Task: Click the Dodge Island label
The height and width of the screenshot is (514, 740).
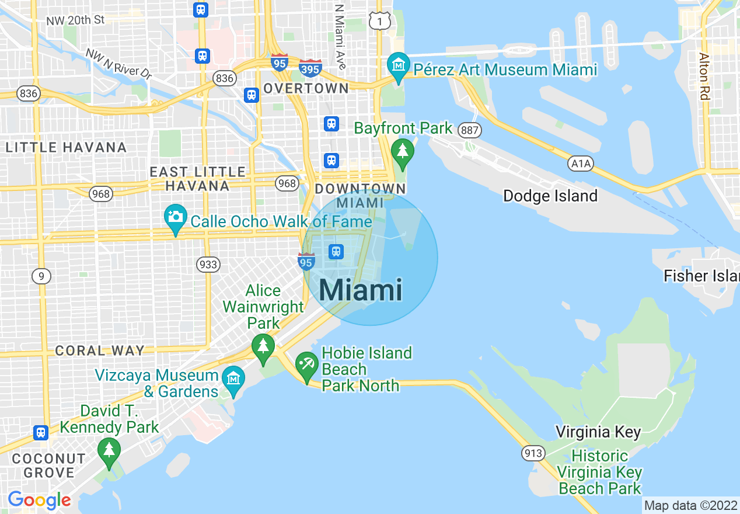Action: (550, 196)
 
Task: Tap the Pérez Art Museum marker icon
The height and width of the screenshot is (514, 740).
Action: (399, 67)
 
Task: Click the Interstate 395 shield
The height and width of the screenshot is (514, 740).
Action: (310, 68)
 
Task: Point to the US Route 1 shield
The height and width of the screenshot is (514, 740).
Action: (380, 21)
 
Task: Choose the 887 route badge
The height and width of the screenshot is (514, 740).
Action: (469, 129)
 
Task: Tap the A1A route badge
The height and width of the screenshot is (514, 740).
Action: (581, 164)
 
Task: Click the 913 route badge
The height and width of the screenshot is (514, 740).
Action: (533, 453)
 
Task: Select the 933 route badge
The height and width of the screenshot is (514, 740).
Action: (208, 264)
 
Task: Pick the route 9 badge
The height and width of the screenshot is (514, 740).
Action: (41, 276)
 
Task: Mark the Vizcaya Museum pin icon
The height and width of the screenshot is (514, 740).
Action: (233, 379)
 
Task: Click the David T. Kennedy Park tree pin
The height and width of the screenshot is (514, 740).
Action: (109, 451)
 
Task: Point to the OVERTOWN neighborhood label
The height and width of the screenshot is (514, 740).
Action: (306, 88)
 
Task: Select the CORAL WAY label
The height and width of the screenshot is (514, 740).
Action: (99, 351)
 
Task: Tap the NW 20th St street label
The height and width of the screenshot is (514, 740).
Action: (75, 20)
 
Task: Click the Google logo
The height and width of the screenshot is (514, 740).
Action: (39, 500)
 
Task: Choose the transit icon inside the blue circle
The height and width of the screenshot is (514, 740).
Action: (336, 252)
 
